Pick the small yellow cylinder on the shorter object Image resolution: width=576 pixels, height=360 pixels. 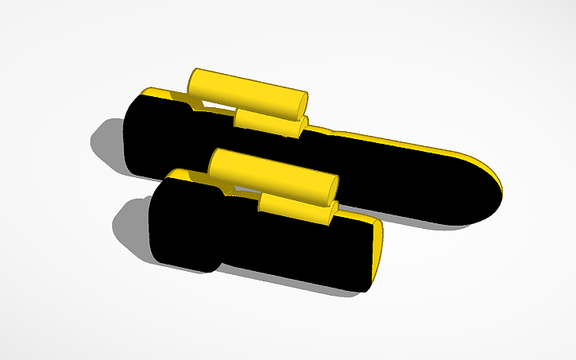click(294, 207)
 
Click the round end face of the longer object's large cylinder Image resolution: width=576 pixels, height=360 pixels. click(303, 103)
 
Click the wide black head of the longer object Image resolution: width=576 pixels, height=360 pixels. click(155, 139)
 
